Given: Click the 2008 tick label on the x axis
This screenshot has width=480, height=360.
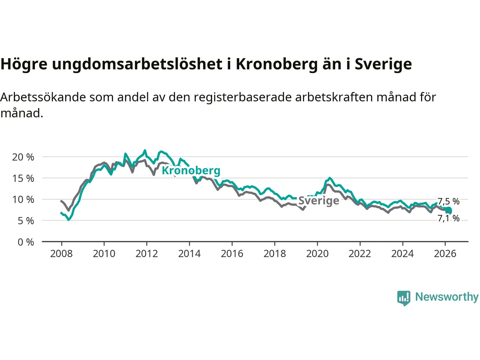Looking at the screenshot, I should coord(61,254).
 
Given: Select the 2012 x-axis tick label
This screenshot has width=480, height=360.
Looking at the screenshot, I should coord(147,254).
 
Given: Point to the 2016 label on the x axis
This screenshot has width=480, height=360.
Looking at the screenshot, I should coord(232,254).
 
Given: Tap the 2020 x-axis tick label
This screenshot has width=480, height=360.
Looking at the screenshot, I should coord(317,254).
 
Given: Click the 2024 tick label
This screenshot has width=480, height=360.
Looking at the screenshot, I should coord(402,254).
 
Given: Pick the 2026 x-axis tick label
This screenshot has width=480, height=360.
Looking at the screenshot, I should coord(445,254).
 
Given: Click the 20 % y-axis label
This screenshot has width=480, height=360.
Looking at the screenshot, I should coord(23,157).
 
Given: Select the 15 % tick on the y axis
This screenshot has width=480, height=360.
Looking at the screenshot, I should coord(23,178).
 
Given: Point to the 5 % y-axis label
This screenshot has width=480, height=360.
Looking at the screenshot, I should coord(25,221).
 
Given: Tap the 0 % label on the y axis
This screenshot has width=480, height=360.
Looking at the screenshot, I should coord(25,242).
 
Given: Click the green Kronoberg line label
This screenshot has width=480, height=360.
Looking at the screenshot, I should coord(191,171).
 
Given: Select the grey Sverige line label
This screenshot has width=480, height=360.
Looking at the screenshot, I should coord(319,201).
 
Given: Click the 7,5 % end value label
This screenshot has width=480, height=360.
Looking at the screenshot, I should coord(449,201).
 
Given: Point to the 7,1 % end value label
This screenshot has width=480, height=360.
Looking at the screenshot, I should coord(449,218).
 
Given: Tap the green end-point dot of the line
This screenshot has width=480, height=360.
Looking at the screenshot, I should coord(448,210).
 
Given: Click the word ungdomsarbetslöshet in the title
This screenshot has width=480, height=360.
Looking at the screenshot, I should coord(137,64).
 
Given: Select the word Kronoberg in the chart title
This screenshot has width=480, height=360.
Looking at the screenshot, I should coord(277,64).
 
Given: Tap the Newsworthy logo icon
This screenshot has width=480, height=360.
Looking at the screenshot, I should coord(404,298).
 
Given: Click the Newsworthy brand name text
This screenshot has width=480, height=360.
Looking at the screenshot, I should coord(447,297).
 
